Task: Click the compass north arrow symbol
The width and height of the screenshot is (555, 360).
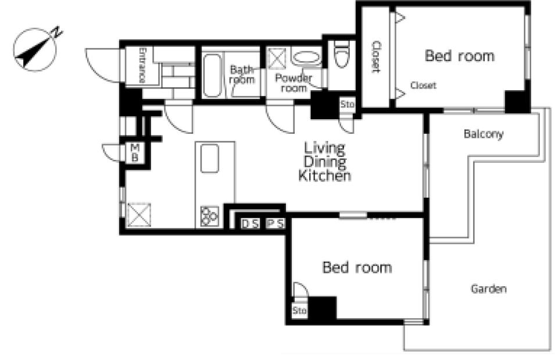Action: pyautogui.click(x=35, y=49)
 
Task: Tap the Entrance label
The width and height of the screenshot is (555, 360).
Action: pyautogui.click(x=142, y=65)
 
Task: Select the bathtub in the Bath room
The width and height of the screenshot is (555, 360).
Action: pyautogui.click(x=212, y=76)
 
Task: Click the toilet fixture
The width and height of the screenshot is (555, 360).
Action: pyautogui.click(x=342, y=54)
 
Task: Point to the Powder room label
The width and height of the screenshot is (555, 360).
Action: pyautogui.click(x=293, y=83)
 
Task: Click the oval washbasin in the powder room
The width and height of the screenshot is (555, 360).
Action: pyautogui.click(x=306, y=58)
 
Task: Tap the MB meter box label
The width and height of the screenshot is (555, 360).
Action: pyautogui.click(x=135, y=152)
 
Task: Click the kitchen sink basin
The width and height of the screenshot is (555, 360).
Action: pyautogui.click(x=210, y=158)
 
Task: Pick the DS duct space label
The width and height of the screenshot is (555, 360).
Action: pyautogui.click(x=250, y=224)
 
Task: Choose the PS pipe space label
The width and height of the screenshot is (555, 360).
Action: pyautogui.click(x=275, y=223)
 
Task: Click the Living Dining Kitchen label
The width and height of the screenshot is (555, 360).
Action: pyautogui.click(x=325, y=162)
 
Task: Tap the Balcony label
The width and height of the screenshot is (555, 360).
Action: pyautogui.click(x=484, y=134)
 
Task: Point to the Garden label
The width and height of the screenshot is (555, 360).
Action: pyautogui.click(x=488, y=289)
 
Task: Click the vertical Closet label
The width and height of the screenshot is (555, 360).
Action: pyautogui.click(x=376, y=56)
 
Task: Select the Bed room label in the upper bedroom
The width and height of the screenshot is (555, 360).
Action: pyautogui.click(x=460, y=56)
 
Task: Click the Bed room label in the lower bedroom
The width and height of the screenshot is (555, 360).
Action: pyautogui.click(x=357, y=268)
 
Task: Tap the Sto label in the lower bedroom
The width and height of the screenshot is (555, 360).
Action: pyautogui.click(x=299, y=311)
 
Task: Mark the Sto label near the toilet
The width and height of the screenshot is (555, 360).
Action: pyautogui.click(x=347, y=105)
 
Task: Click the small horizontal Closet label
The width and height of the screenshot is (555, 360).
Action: pyautogui.click(x=423, y=85)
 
